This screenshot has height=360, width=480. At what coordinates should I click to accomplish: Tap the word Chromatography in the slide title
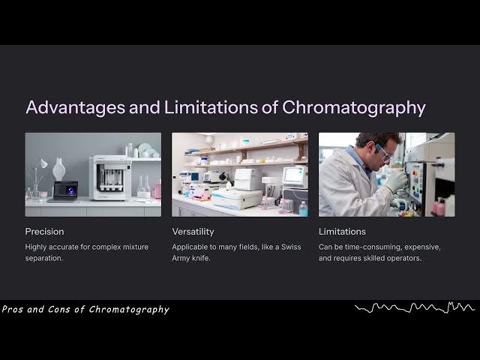coord(353,107)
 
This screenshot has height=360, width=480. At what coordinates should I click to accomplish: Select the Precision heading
coord(44,232)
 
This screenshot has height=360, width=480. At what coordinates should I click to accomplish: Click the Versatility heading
coord(193,232)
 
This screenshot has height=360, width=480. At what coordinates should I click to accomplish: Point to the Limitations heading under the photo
coord(342,232)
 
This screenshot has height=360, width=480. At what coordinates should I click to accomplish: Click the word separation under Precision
coord(46,258)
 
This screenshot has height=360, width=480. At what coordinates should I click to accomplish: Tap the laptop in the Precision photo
coord(63,191)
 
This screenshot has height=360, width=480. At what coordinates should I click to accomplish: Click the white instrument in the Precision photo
coord(110,178)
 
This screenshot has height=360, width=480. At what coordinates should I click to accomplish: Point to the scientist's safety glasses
coord(385,155)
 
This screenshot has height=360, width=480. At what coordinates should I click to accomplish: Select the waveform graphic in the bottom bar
coord(415,307)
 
